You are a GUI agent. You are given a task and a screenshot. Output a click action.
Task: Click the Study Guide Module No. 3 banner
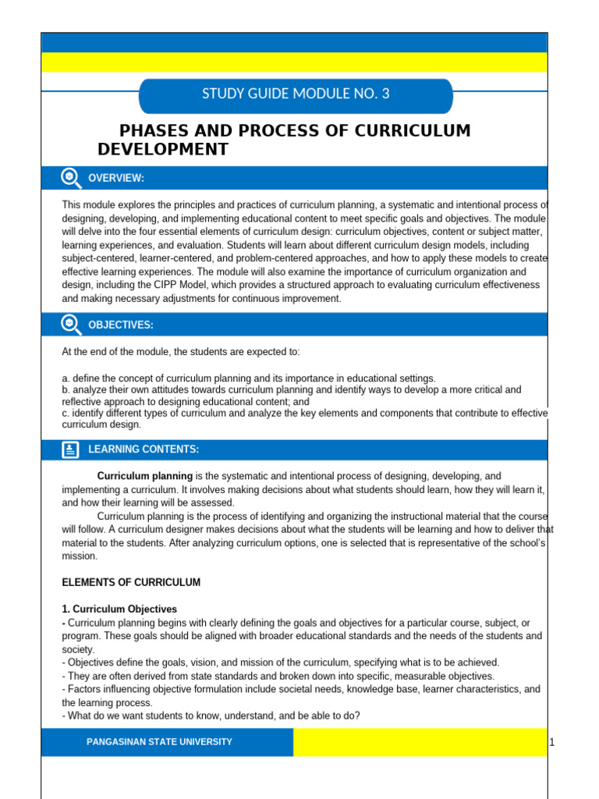[x=296, y=94]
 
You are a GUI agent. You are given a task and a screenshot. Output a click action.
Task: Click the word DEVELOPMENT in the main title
[x=163, y=149]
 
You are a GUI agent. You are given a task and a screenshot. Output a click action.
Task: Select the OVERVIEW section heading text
[x=116, y=179]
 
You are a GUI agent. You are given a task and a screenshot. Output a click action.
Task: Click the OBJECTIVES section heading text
[x=121, y=325]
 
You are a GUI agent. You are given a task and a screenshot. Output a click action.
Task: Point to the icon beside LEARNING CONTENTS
[x=70, y=449]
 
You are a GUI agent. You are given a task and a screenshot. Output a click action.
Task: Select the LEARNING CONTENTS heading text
[x=144, y=449]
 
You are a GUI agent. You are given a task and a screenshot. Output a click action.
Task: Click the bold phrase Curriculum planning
[x=144, y=476]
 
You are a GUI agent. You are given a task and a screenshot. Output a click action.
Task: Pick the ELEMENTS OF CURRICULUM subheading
[x=131, y=583]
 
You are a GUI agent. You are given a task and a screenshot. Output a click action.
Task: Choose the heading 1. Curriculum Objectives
[x=119, y=609]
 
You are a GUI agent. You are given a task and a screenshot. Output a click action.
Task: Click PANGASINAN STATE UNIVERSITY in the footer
[x=159, y=742]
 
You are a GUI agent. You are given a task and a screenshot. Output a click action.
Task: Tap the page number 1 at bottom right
[x=551, y=742]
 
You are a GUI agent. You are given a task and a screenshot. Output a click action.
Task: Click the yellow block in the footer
[x=420, y=742]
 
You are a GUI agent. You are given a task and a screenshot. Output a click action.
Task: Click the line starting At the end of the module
[x=181, y=352]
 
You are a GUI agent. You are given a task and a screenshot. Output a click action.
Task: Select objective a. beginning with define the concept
[x=249, y=378]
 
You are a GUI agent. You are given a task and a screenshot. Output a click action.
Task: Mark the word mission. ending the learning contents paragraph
[x=80, y=556]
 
